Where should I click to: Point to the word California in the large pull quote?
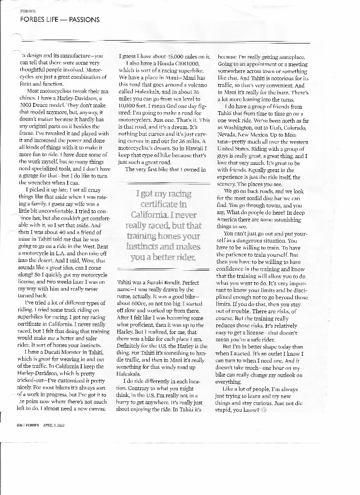(151, 214)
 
